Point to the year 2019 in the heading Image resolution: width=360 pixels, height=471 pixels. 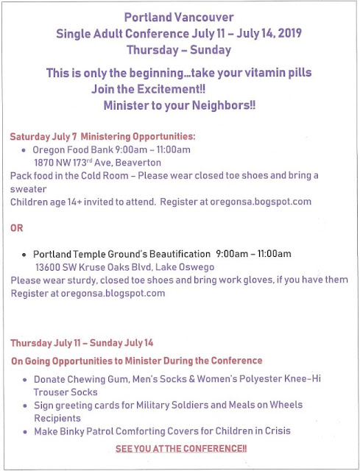(289, 33)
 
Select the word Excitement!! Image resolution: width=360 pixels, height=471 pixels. (172, 89)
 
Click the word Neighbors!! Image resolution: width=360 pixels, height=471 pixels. (224, 105)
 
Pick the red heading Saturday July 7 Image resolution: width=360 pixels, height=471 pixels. (43, 137)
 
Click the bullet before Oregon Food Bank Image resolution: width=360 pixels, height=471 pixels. (24, 150)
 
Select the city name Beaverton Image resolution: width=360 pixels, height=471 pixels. (138, 163)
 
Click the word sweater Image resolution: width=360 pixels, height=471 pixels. (28, 189)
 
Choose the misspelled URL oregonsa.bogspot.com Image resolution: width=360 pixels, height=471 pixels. (261, 202)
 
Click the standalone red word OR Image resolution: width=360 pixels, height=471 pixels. (16, 228)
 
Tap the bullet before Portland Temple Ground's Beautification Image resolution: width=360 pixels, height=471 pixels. (24, 255)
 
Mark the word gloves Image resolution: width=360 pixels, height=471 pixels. (258, 280)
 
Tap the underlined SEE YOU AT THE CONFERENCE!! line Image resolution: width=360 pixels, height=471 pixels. (181, 449)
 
